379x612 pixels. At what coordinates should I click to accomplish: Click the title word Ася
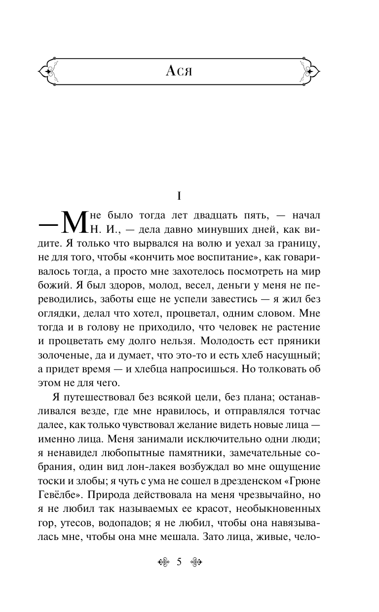[x=179, y=72]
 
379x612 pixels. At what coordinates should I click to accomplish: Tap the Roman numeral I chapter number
[x=180, y=196]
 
